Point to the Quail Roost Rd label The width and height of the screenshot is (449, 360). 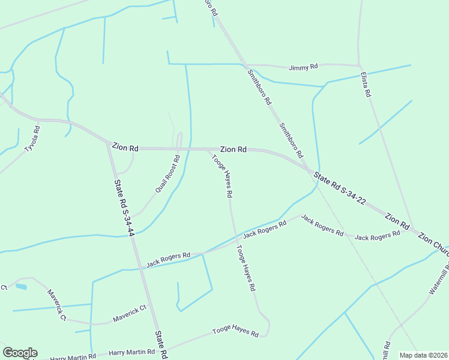167,174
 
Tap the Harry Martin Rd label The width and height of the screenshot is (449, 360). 73,357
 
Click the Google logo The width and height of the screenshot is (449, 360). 20,353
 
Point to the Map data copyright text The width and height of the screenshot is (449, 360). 424,355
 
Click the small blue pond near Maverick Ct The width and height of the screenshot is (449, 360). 21,287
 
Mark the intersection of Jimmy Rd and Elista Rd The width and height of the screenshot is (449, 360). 359,65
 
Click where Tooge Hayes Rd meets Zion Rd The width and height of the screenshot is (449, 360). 208,149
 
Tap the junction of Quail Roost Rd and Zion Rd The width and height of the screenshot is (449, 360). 179,148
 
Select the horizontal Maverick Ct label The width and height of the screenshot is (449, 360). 130,313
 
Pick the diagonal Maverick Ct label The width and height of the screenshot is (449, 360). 57,305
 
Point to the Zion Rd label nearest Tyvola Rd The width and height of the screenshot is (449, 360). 125,147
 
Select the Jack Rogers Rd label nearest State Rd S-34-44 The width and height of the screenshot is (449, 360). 168,260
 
